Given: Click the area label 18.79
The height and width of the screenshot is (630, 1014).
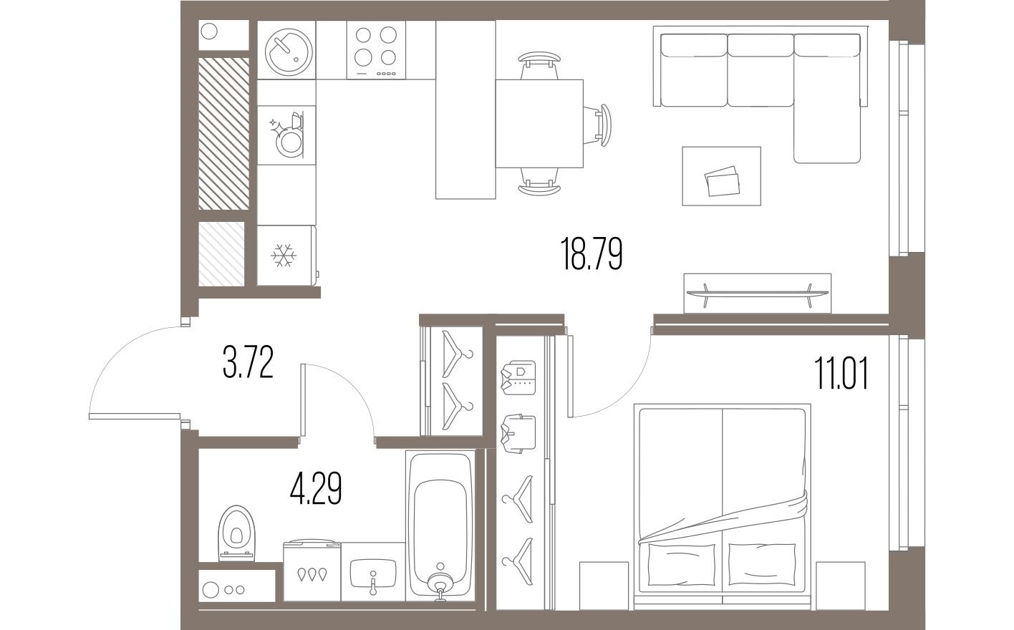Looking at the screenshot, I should click(x=591, y=255).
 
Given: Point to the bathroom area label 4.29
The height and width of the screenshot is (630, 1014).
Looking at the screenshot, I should click(x=315, y=490).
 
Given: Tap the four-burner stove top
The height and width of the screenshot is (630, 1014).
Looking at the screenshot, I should click(x=376, y=49).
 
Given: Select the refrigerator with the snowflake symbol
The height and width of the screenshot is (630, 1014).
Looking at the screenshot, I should click(x=286, y=255).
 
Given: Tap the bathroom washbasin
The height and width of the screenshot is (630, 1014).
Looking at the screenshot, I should click(x=372, y=573).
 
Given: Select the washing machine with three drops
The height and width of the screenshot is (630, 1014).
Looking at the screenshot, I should click(x=312, y=572).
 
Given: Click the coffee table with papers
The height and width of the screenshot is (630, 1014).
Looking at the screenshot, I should click(x=721, y=176).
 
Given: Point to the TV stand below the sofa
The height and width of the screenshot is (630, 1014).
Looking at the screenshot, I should click(x=758, y=292).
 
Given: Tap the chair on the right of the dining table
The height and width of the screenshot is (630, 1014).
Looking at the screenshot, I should click(x=600, y=123).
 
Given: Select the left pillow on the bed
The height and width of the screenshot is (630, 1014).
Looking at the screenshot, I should click(x=681, y=563).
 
